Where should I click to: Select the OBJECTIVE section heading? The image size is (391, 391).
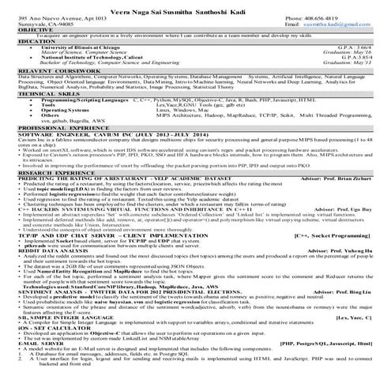(23, 30)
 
